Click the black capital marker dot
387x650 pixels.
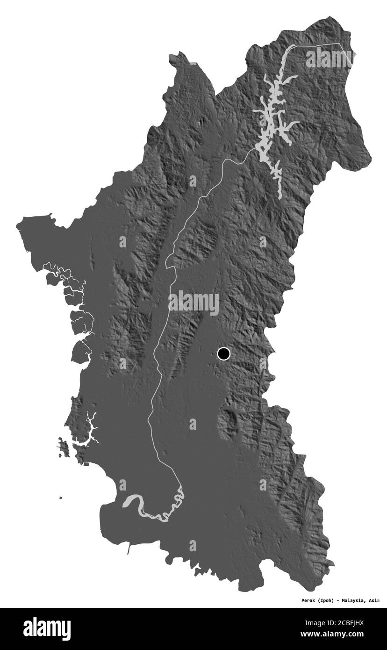click(224, 354)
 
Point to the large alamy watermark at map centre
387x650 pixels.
click(193, 303)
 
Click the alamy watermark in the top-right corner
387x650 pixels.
click(329, 57)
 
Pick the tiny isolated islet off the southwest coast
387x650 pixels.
click(61, 498)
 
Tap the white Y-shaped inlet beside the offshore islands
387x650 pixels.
click(92, 427)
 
